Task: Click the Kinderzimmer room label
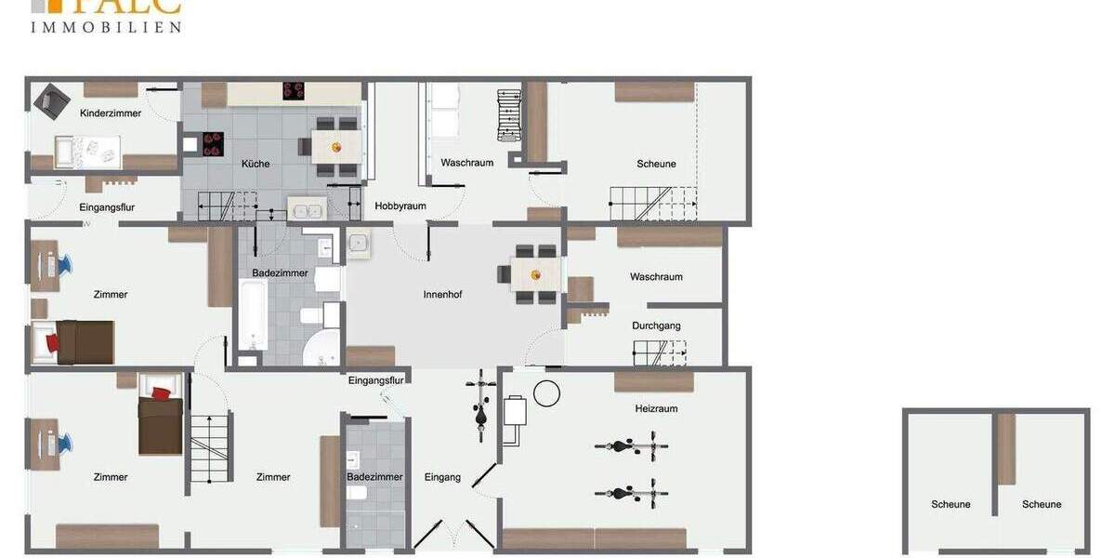click(x=111, y=113)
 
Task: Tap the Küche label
click(x=256, y=164)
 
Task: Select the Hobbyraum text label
click(x=400, y=206)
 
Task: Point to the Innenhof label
click(x=442, y=295)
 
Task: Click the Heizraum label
click(x=656, y=408)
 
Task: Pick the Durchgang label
click(x=656, y=326)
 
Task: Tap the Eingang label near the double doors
click(x=442, y=477)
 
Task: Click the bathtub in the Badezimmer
click(x=252, y=313)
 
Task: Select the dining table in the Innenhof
click(x=536, y=274)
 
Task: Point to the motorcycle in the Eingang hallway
click(x=480, y=407)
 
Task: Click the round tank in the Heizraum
click(x=547, y=394)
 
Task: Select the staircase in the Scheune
click(x=652, y=204)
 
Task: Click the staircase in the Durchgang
click(x=660, y=353)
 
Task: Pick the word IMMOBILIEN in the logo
click(x=106, y=28)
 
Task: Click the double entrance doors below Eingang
click(x=442, y=536)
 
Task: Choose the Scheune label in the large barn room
click(x=656, y=164)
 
